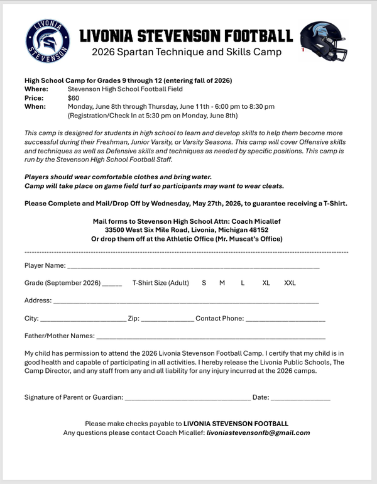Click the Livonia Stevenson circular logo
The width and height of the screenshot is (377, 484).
coord(48,41)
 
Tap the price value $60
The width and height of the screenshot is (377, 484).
coord(74,98)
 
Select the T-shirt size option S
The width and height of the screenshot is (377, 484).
coord(204,283)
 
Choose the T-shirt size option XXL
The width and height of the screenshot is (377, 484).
coord(290,283)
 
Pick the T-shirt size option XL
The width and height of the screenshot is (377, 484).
coord(266,283)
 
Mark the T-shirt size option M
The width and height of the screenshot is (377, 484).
coord(222,283)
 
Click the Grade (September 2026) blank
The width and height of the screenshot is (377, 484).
coord(112,284)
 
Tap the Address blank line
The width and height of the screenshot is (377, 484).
coord(186,302)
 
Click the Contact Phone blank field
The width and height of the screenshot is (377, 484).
coord(285,320)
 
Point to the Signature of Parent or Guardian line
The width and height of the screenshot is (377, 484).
coord(187,399)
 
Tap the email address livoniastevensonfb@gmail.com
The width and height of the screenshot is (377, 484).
coord(259,432)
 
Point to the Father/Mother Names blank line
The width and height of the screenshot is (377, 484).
coord(210,338)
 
